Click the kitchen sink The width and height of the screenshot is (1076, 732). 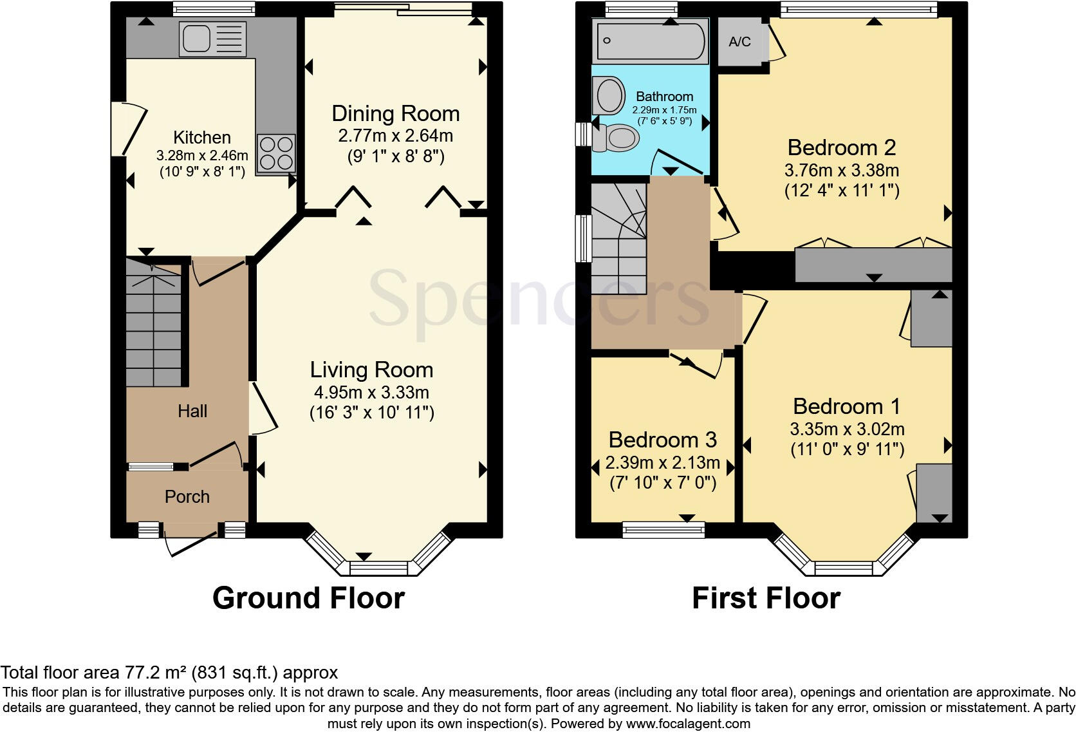point(213,39)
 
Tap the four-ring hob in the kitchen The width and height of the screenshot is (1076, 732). point(276,153)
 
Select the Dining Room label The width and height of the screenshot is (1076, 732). point(395,114)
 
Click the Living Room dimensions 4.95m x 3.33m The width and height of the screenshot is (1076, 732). point(371,393)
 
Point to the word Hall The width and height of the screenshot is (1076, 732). point(192,411)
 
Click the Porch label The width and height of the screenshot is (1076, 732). point(187,497)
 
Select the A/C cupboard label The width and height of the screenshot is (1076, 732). point(739,42)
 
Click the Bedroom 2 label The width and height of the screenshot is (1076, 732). point(841,148)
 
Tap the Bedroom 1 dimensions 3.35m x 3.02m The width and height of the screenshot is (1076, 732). point(847,429)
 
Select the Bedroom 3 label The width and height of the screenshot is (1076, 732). point(662,440)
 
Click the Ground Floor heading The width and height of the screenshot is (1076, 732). point(308,598)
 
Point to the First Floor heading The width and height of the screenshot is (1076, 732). point(766,598)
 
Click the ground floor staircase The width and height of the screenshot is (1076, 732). point(153,328)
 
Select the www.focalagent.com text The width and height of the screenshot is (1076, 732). point(687,724)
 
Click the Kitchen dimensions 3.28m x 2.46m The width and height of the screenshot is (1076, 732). point(201,156)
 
